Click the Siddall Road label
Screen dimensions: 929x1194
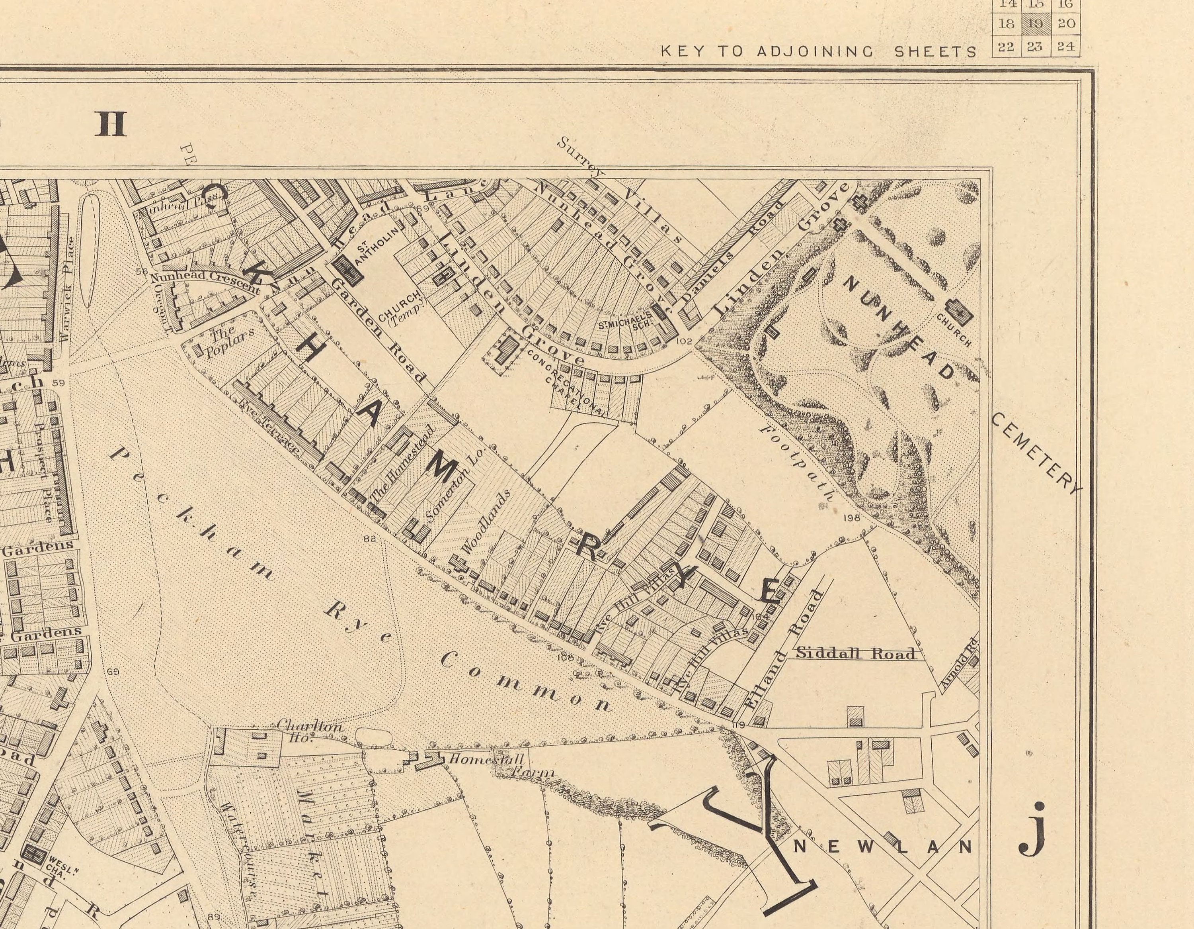pos(856,653)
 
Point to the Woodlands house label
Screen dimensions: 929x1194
pos(486,520)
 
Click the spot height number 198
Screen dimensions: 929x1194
pos(852,517)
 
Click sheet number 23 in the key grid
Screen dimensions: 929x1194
pos(1034,47)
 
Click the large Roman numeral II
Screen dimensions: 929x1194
pos(111,124)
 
